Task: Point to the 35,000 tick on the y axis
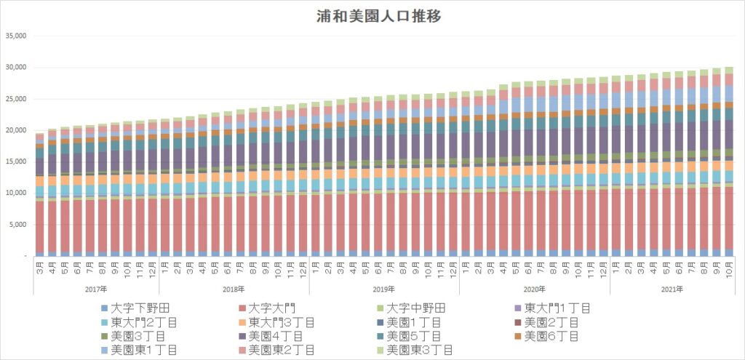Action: (15, 36)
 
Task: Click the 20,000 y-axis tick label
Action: (15, 130)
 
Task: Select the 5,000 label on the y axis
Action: (17, 225)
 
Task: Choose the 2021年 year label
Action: (672, 289)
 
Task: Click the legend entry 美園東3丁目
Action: (421, 350)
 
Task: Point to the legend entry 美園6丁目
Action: (551, 336)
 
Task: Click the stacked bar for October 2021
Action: (728, 160)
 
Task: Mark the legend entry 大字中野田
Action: (415, 308)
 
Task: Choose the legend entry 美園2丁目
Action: (551, 322)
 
